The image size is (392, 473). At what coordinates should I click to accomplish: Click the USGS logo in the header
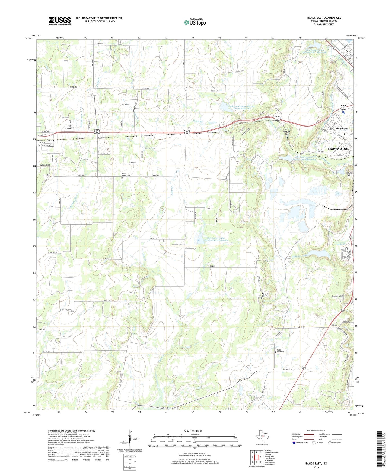click(x=60, y=21)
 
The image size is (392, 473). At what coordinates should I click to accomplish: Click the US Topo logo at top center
click(x=195, y=22)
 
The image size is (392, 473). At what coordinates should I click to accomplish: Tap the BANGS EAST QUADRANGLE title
click(x=324, y=18)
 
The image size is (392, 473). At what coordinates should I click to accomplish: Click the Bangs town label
click(x=50, y=140)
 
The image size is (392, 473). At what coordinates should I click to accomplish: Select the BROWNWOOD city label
click(x=338, y=149)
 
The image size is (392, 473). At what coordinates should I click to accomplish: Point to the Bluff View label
click(x=341, y=128)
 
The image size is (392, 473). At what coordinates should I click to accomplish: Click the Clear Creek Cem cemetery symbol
click(x=122, y=178)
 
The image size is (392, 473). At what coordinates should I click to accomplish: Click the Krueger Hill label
click(x=337, y=296)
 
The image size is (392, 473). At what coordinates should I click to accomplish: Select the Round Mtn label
click(x=349, y=174)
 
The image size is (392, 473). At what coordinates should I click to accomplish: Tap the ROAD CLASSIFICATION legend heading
click(x=316, y=430)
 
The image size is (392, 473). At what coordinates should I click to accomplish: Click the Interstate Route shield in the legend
click(x=294, y=443)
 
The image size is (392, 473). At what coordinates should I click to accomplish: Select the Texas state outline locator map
click(x=262, y=436)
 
